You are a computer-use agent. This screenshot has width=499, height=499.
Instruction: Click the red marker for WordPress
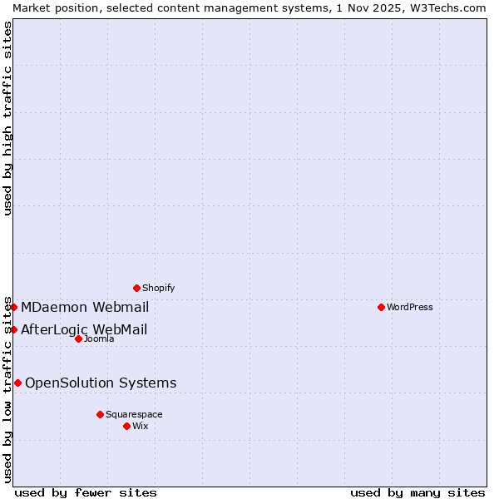pyautogui.click(x=381, y=307)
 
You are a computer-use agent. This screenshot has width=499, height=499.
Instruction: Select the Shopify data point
pyautogui.click(x=136, y=288)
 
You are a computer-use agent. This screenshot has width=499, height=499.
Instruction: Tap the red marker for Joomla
pyautogui.click(x=78, y=338)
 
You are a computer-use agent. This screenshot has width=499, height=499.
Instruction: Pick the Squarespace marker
pyautogui.click(x=100, y=414)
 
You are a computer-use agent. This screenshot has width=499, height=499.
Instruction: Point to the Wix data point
pyautogui.click(x=126, y=426)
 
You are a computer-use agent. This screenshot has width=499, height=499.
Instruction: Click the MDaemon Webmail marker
pyautogui.click(x=13, y=307)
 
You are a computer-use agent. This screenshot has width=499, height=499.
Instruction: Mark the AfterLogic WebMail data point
pyautogui.click(x=13, y=329)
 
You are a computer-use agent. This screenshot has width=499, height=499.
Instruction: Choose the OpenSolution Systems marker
pyautogui.click(x=17, y=383)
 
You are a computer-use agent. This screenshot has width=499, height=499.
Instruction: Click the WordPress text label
pyautogui.click(x=410, y=307)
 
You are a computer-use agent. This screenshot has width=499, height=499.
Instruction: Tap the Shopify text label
pyautogui.click(x=159, y=288)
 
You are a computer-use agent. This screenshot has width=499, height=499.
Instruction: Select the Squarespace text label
pyautogui.click(x=134, y=414)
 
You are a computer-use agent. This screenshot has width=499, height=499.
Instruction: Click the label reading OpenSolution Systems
pyautogui.click(x=101, y=383)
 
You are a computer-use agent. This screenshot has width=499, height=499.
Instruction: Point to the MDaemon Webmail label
pyautogui.click(x=85, y=307)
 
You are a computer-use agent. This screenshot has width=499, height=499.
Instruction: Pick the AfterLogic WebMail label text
pyautogui.click(x=84, y=329)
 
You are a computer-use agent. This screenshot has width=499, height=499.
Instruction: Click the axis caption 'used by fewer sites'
pyautogui.click(x=86, y=492)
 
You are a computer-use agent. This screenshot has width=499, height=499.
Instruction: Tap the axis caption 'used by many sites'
pyautogui.click(x=417, y=492)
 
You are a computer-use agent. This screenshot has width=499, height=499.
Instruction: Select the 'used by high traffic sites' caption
pyautogui.click(x=7, y=119)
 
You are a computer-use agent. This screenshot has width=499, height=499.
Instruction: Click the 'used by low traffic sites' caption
pyautogui.click(x=7, y=389)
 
